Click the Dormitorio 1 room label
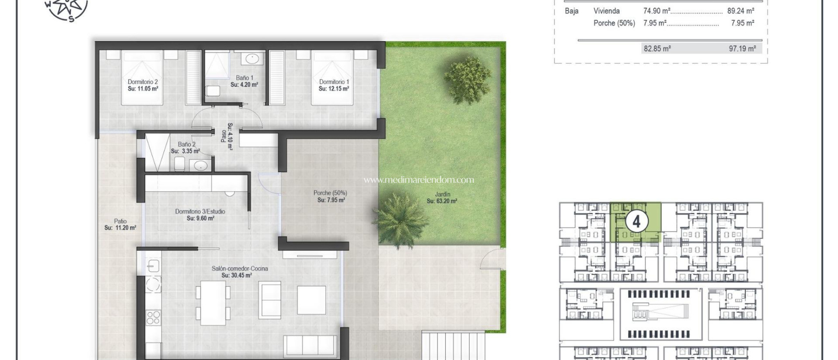click(x=334, y=82)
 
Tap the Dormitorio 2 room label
click(x=143, y=82)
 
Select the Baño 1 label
click(x=244, y=78)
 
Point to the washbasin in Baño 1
click(x=252, y=59)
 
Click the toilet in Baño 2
click(x=180, y=164)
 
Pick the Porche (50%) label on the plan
click(x=330, y=193)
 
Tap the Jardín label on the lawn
click(x=442, y=194)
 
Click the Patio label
click(x=120, y=221)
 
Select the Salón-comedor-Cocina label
click(x=240, y=268)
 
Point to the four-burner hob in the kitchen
click(x=153, y=317)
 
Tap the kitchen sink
click(x=153, y=266)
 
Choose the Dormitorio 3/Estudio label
click(x=200, y=211)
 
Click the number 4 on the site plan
click(x=636, y=221)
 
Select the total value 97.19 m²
click(x=742, y=49)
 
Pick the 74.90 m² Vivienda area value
click(x=656, y=11)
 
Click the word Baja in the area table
click(x=572, y=11)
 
